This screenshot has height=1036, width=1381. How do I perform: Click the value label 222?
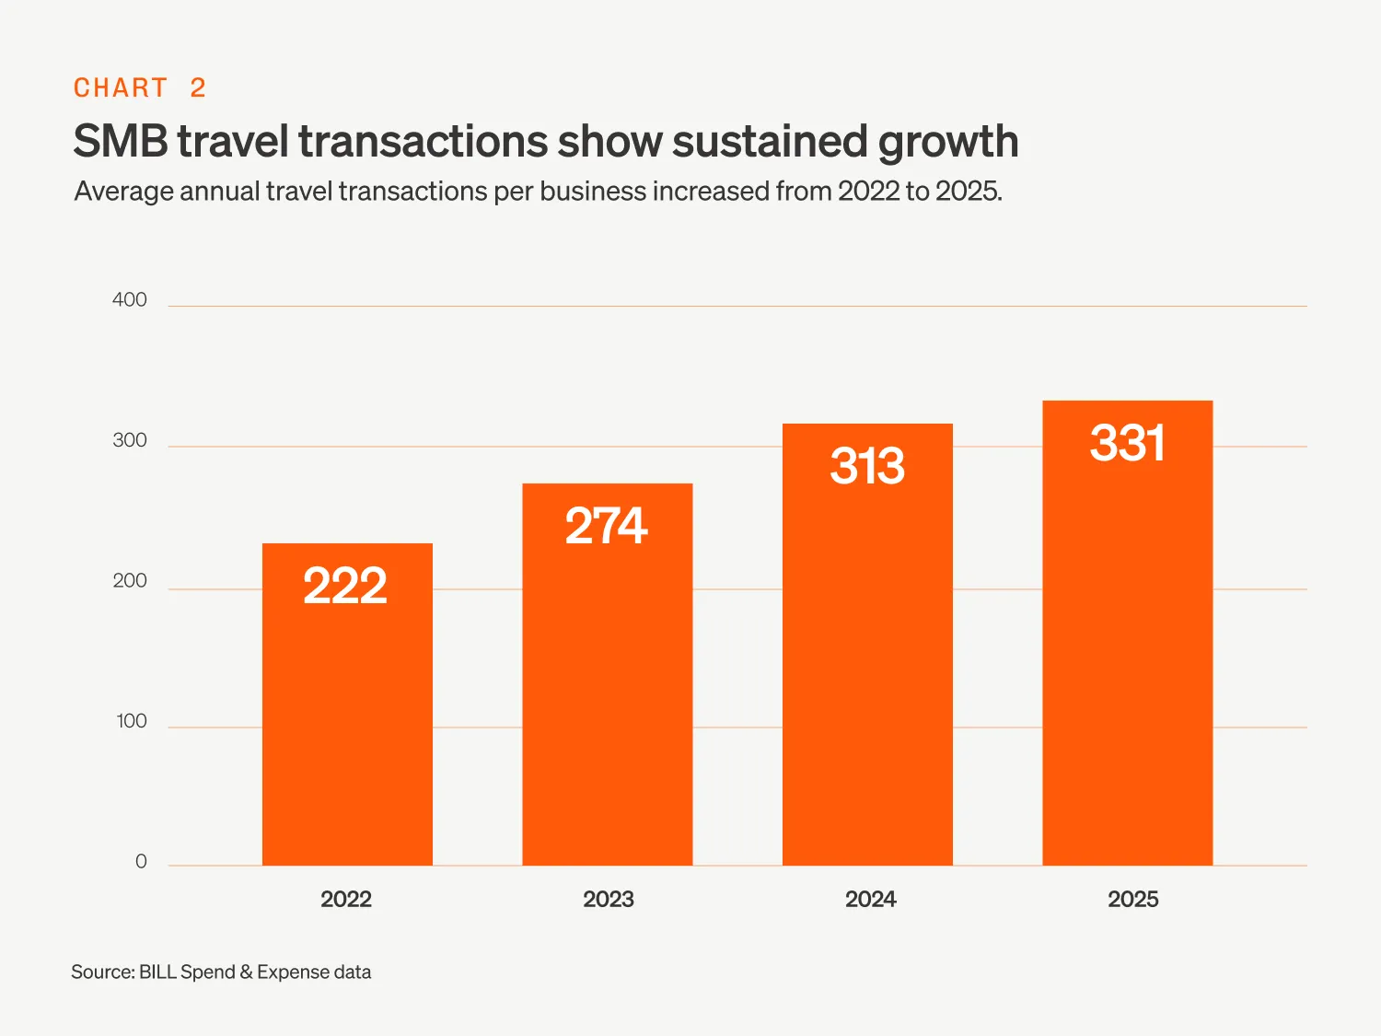pyautogui.click(x=345, y=586)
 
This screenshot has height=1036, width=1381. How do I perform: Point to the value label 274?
pyautogui.click(x=606, y=526)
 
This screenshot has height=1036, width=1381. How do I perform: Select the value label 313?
pyautogui.click(x=867, y=466)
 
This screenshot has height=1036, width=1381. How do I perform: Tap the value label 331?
pyautogui.click(x=1127, y=443)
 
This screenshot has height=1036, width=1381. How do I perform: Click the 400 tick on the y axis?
pyautogui.click(x=130, y=300)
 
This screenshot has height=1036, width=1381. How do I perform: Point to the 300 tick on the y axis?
pyautogui.click(x=130, y=440)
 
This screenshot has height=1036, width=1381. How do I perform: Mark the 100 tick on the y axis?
pyautogui.click(x=132, y=721)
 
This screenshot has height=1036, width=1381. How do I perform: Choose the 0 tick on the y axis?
pyautogui.click(x=141, y=862)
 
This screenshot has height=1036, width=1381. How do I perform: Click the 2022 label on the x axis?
pyautogui.click(x=346, y=900)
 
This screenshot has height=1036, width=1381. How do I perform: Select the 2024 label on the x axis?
pyautogui.click(x=870, y=900)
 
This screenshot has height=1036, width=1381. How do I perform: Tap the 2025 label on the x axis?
pyautogui.click(x=1132, y=900)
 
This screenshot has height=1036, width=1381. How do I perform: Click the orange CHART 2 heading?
pyautogui.click(x=140, y=88)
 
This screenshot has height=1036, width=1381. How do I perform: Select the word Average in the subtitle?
pyautogui.click(x=124, y=192)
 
